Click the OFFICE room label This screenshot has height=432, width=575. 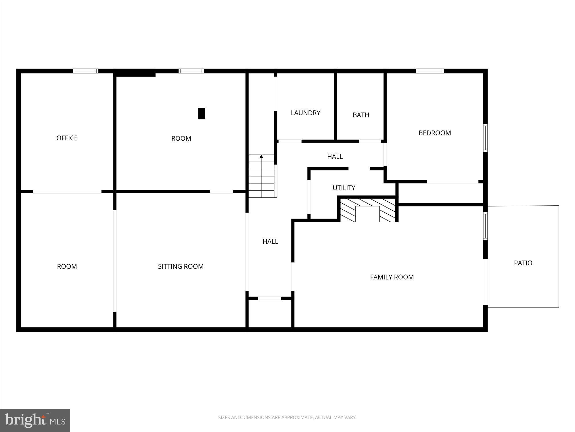click(x=67, y=138)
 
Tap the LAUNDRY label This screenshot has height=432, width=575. click(x=305, y=113)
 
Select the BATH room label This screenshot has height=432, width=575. click(x=361, y=115)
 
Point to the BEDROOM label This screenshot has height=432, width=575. click(x=435, y=133)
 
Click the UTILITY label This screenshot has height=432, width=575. click(x=344, y=188)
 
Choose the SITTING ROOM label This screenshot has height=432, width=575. click(x=181, y=266)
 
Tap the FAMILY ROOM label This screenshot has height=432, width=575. click(x=392, y=277)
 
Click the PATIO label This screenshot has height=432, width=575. click(x=523, y=263)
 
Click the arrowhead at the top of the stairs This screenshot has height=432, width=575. click(x=261, y=157)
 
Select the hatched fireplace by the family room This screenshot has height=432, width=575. click(x=368, y=210)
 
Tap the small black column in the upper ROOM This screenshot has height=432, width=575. click(x=202, y=113)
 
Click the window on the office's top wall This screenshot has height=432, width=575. click(x=85, y=71)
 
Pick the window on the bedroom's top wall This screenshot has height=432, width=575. click(x=430, y=71)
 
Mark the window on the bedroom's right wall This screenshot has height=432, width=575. click(x=485, y=138)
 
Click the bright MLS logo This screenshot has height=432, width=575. click(x=35, y=420)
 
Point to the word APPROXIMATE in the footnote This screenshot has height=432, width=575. click(x=297, y=417)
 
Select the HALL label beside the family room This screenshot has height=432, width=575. click(x=270, y=241)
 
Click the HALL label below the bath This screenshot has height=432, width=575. click(x=335, y=157)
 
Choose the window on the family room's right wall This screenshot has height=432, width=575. click(x=485, y=226)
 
